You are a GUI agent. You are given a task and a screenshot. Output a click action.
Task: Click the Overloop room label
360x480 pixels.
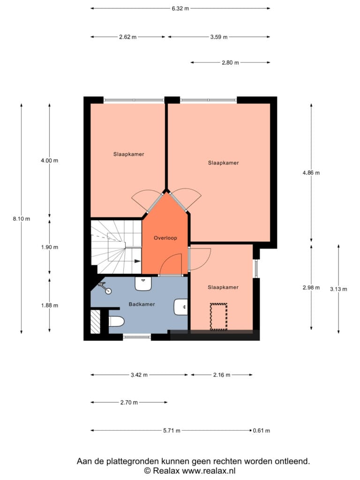(x=165, y=238)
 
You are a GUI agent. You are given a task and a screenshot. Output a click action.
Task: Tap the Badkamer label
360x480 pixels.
(x=142, y=304)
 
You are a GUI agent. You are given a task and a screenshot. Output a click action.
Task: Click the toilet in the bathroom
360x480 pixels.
(x=116, y=322)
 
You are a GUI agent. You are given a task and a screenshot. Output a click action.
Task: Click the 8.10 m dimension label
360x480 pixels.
(x=22, y=219)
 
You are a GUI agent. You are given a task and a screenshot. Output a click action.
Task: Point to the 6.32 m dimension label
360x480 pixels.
(x=180, y=8)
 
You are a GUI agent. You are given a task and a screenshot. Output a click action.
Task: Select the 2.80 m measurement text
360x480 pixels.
(x=230, y=63)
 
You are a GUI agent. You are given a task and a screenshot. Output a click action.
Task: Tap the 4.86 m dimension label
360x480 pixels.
(x=311, y=173)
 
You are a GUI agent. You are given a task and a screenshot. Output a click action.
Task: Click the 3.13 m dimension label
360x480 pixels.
(x=338, y=289)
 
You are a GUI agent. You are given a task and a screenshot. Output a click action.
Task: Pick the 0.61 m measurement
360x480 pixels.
(x=262, y=431)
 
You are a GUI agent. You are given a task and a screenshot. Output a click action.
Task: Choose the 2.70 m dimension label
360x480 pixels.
(x=129, y=403)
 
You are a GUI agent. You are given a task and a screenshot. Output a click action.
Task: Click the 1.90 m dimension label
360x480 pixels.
(x=50, y=247)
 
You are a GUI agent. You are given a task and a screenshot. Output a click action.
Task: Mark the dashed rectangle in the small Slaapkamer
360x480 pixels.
(x=218, y=317)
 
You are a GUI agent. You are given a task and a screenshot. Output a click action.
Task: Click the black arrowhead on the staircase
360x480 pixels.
(x=137, y=261)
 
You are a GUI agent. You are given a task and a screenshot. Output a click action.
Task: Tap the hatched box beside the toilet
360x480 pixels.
(x=96, y=322)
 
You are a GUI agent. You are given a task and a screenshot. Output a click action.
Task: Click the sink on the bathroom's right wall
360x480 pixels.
(x=181, y=307)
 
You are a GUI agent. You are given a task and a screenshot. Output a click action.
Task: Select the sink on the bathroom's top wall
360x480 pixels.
(x=143, y=284)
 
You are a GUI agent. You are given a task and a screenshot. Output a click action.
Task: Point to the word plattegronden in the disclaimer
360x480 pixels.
(x=133, y=461)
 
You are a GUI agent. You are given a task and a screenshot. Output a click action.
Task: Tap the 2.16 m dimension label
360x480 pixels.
(x=222, y=375)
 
